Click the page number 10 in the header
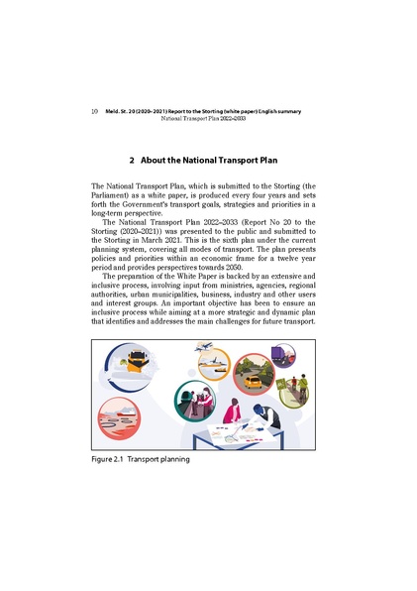tap(94, 111)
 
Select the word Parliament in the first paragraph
tap(116, 195)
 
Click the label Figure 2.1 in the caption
tap(112, 460)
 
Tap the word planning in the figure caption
tap(170, 460)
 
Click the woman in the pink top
tap(231, 411)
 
